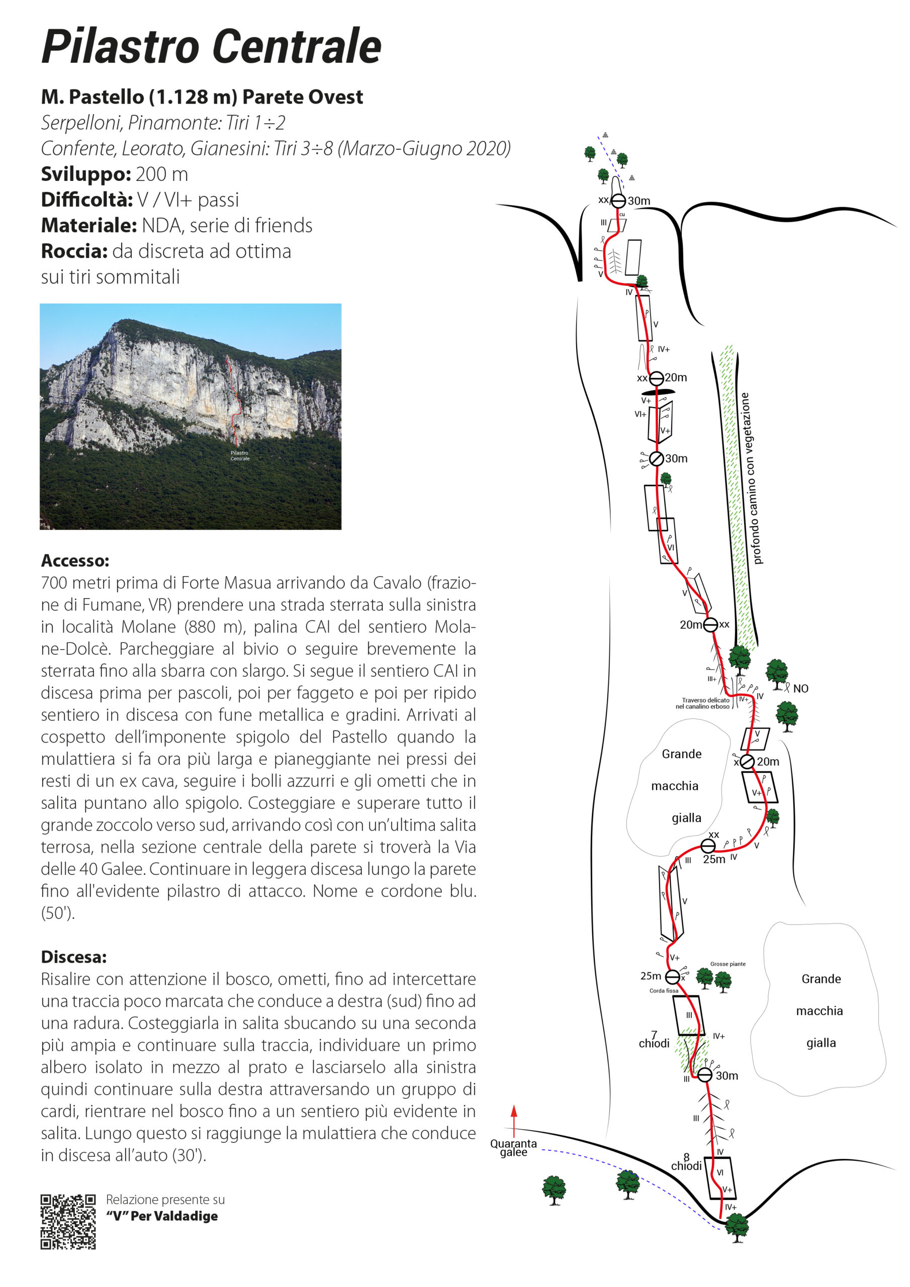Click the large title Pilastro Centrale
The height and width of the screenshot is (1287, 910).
pos(211,47)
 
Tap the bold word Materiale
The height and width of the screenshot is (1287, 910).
pos(88,225)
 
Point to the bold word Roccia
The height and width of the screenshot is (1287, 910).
pos(74,251)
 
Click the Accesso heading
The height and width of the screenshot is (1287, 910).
pos(74,561)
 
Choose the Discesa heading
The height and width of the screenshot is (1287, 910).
pos(73,957)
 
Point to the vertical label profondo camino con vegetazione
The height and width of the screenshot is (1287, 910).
pos(751,478)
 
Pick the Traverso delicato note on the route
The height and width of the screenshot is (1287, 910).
pos(705,703)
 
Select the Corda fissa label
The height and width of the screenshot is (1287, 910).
pos(663,990)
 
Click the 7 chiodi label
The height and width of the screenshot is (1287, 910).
pos(654,1039)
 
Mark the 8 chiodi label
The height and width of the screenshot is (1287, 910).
pos(686,1162)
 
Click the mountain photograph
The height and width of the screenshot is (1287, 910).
pos(190,416)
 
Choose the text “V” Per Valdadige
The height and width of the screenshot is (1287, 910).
pos(162,1216)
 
